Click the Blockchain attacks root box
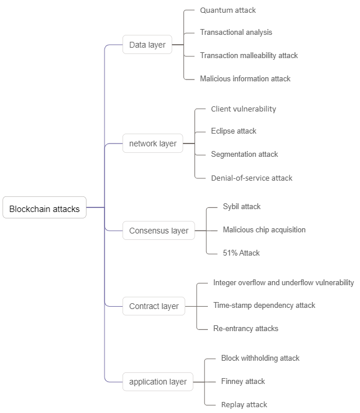point(45,209)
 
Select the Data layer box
point(147,45)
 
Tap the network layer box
point(153,143)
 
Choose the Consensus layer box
point(159,231)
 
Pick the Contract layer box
point(154,306)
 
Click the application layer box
point(158,382)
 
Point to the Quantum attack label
point(228,10)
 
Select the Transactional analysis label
point(236,33)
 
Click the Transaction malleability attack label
point(249,56)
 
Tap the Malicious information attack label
point(245,78)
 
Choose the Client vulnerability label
point(243,109)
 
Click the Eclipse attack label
point(233,131)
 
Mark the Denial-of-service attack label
point(251,178)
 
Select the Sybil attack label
point(242,207)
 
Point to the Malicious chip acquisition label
point(264,230)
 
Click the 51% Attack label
point(241,253)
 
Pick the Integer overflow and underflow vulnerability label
point(283,283)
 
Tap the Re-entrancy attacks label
point(246,329)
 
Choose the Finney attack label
point(243,382)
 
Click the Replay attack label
point(244,405)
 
